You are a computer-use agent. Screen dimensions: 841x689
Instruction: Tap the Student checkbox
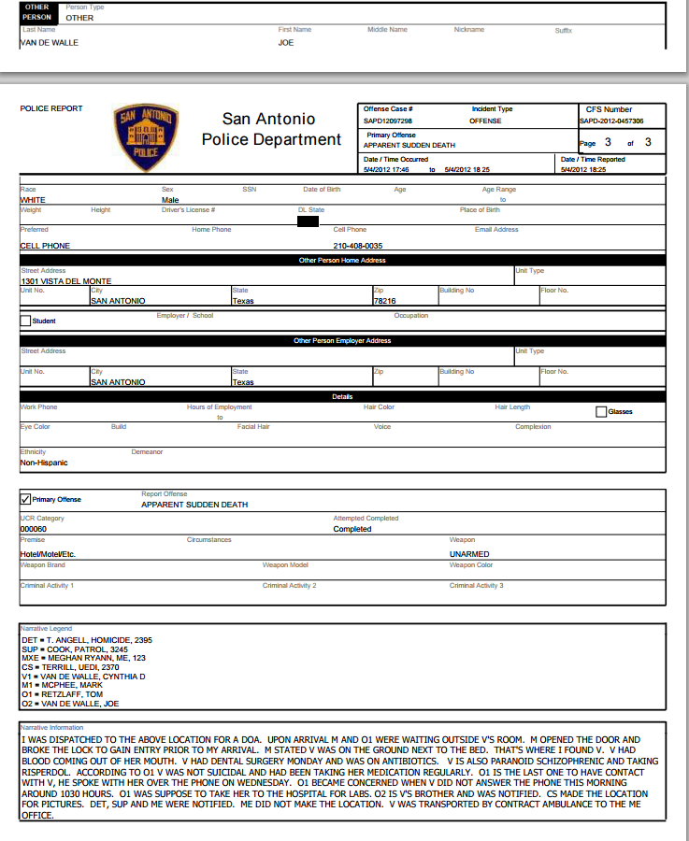[25, 321]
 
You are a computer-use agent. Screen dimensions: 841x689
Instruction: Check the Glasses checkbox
[601, 411]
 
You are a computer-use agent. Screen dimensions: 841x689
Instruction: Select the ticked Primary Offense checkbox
[25, 499]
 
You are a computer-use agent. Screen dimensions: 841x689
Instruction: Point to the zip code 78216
[384, 301]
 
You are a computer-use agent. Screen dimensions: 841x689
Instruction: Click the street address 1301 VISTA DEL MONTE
[65, 281]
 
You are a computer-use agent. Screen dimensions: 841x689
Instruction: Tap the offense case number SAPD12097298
[388, 121]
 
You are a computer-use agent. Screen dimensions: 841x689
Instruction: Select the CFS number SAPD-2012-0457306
[610, 121]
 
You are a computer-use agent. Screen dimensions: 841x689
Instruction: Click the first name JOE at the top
[286, 42]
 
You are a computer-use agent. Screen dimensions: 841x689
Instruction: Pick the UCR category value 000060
[34, 529]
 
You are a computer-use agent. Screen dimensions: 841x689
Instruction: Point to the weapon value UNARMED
[468, 553]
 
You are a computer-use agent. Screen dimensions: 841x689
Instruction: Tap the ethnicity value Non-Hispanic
[44, 463]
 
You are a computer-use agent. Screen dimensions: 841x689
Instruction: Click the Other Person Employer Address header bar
[342, 341]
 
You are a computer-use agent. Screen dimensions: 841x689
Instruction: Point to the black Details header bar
[342, 397]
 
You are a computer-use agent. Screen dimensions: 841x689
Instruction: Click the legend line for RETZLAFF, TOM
[63, 694]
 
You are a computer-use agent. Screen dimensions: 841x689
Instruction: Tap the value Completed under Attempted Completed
[352, 529]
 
